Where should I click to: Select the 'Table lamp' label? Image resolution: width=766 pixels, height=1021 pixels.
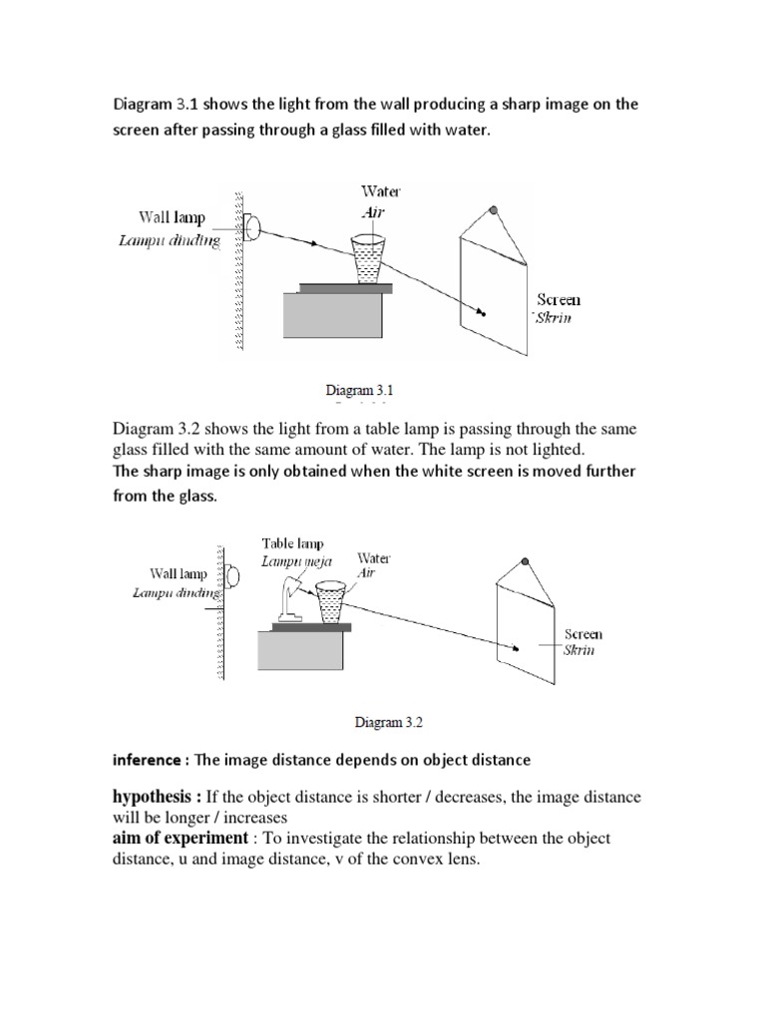click(293, 543)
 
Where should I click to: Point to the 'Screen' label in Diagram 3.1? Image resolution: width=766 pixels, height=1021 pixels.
click(559, 299)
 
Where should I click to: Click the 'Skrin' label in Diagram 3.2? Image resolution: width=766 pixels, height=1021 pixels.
click(580, 650)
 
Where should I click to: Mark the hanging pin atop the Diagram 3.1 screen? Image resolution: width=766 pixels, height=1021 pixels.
click(493, 211)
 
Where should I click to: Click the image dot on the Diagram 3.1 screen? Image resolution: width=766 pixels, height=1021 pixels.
click(483, 312)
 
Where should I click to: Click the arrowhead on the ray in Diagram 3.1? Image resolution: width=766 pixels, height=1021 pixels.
click(315, 243)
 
